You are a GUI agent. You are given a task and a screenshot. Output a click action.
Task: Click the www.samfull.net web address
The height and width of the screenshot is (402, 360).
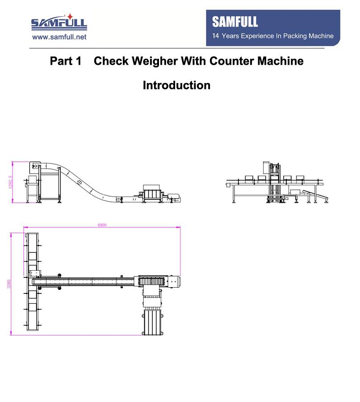tap(59, 38)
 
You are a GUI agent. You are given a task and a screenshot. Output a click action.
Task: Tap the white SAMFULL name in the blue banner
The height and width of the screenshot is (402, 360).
tap(235, 22)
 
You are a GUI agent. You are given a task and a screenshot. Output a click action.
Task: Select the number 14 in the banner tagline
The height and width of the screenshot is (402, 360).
tap(216, 36)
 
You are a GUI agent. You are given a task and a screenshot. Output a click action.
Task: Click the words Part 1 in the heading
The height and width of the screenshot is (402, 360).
tap(66, 61)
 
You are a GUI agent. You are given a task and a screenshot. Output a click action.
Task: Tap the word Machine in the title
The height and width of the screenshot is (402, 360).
tap(280, 61)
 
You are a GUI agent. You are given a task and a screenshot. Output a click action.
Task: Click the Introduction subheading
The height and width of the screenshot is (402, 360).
tap(176, 85)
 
